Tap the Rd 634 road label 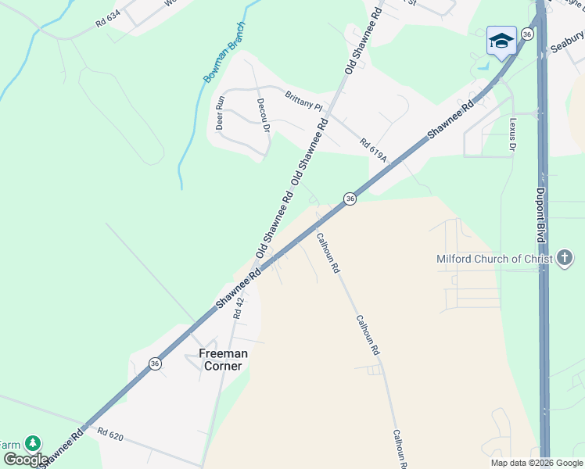click(111, 19)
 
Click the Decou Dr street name click(263, 116)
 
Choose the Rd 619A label click(374, 150)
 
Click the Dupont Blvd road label click(540, 212)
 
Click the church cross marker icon click(565, 259)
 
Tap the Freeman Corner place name click(224, 360)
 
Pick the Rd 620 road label click(111, 434)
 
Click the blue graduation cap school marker click(501, 40)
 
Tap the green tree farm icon click(32, 443)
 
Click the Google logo click(25, 459)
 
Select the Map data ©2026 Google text click(537, 463)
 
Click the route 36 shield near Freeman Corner click(156, 363)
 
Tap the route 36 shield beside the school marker click(528, 34)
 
